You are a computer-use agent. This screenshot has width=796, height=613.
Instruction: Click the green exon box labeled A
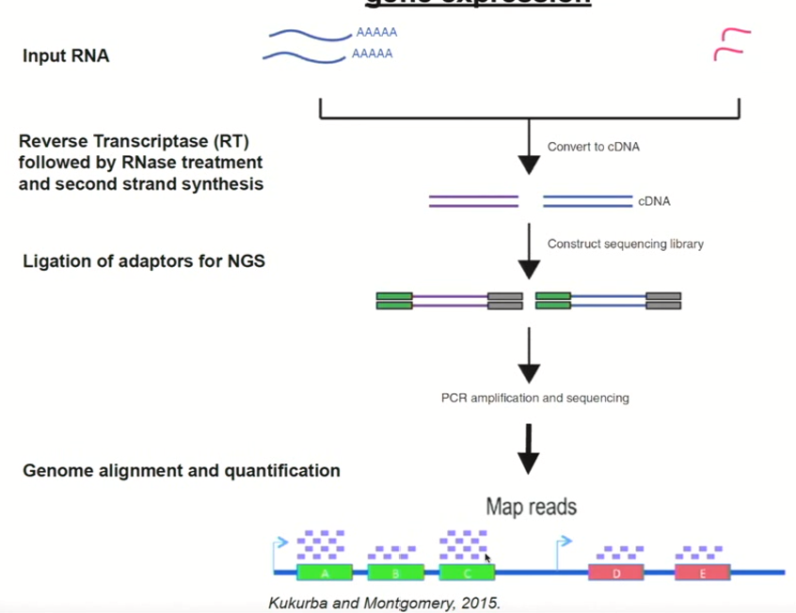click(325, 573)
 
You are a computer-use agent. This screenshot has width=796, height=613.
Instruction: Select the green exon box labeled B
click(395, 573)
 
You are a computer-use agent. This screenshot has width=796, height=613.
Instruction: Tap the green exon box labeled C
click(467, 573)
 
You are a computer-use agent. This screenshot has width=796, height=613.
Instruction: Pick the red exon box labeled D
click(616, 573)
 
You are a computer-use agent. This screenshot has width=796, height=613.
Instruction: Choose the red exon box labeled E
click(702, 573)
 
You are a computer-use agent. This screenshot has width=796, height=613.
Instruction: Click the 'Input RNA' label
click(66, 56)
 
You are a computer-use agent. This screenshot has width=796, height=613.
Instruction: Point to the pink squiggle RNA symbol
click(731, 44)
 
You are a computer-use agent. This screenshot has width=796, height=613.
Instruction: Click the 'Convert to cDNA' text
click(594, 147)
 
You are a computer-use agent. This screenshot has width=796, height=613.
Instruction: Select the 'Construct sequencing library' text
click(625, 244)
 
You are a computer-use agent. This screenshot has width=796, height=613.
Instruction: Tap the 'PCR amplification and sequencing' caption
click(534, 398)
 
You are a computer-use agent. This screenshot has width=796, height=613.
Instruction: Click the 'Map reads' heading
click(531, 508)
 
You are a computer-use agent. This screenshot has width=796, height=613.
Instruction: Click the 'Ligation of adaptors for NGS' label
click(144, 261)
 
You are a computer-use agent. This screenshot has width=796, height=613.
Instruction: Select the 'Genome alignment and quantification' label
click(182, 470)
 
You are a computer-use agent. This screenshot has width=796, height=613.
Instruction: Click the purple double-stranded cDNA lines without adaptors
click(473, 201)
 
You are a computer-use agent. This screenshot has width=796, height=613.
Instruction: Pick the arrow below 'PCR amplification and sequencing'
click(529, 448)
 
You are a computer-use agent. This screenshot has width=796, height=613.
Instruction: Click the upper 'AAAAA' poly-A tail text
click(376, 32)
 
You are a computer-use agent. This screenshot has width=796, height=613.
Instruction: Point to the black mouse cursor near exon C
click(487, 558)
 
